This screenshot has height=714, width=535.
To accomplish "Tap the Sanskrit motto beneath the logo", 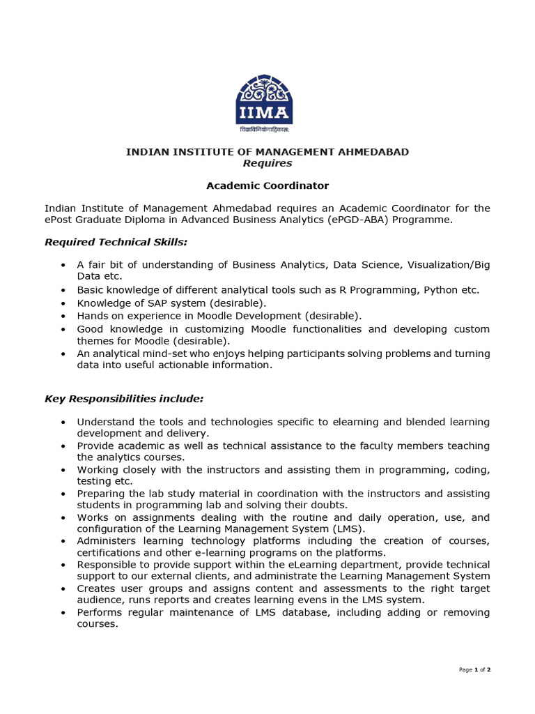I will tap(264, 130).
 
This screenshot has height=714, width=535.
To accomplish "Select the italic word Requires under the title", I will tap(267, 163).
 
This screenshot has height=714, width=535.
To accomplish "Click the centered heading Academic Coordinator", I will tap(267, 185).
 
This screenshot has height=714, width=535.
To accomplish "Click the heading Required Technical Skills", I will tap(116, 242).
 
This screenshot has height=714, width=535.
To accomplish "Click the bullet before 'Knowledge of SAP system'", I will tap(63, 303).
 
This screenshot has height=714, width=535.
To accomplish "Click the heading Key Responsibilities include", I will tap(124, 398).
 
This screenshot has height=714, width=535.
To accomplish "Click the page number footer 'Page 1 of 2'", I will tap(475, 669).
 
